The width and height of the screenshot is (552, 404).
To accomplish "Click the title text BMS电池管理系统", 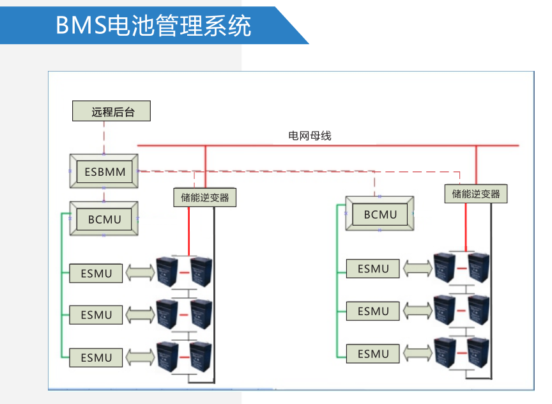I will (x=153, y=26).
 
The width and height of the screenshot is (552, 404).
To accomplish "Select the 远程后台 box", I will (x=112, y=112).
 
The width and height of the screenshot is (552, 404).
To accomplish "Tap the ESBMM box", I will (x=104, y=171).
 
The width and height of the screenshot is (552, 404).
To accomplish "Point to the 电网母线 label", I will (x=310, y=136).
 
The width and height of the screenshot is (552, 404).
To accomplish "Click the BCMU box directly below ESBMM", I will (x=104, y=219).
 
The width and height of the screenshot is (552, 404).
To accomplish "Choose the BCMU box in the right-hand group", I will (x=380, y=214).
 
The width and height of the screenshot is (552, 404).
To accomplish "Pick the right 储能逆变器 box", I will (x=476, y=194).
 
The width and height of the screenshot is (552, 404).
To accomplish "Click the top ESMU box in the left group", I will (x=96, y=274).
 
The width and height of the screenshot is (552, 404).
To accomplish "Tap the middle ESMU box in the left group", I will (x=96, y=315).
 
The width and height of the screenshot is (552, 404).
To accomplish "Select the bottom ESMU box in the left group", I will (x=96, y=357).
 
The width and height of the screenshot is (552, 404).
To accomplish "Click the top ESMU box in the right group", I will (x=373, y=269).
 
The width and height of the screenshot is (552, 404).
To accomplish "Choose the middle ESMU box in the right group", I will (x=373, y=311).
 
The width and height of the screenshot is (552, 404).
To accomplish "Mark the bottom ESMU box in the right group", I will (x=373, y=353).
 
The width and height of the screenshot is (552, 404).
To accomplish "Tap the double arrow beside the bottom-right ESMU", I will (x=417, y=353).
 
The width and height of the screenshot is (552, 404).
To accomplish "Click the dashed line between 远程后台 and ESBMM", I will (x=103, y=137).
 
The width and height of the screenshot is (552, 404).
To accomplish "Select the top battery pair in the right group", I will (x=461, y=268).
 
